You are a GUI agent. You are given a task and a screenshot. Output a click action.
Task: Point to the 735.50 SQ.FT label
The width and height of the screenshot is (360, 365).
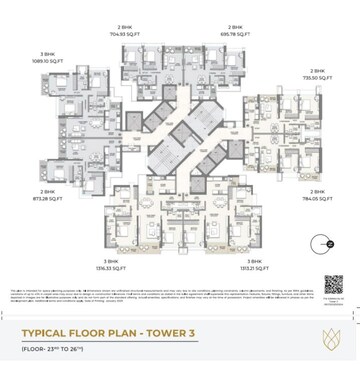click(x=317, y=78)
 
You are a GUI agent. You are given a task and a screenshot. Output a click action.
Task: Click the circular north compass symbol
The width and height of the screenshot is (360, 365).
click(x=322, y=241)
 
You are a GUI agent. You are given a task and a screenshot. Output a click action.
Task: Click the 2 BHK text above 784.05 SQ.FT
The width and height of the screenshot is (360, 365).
click(x=318, y=190)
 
